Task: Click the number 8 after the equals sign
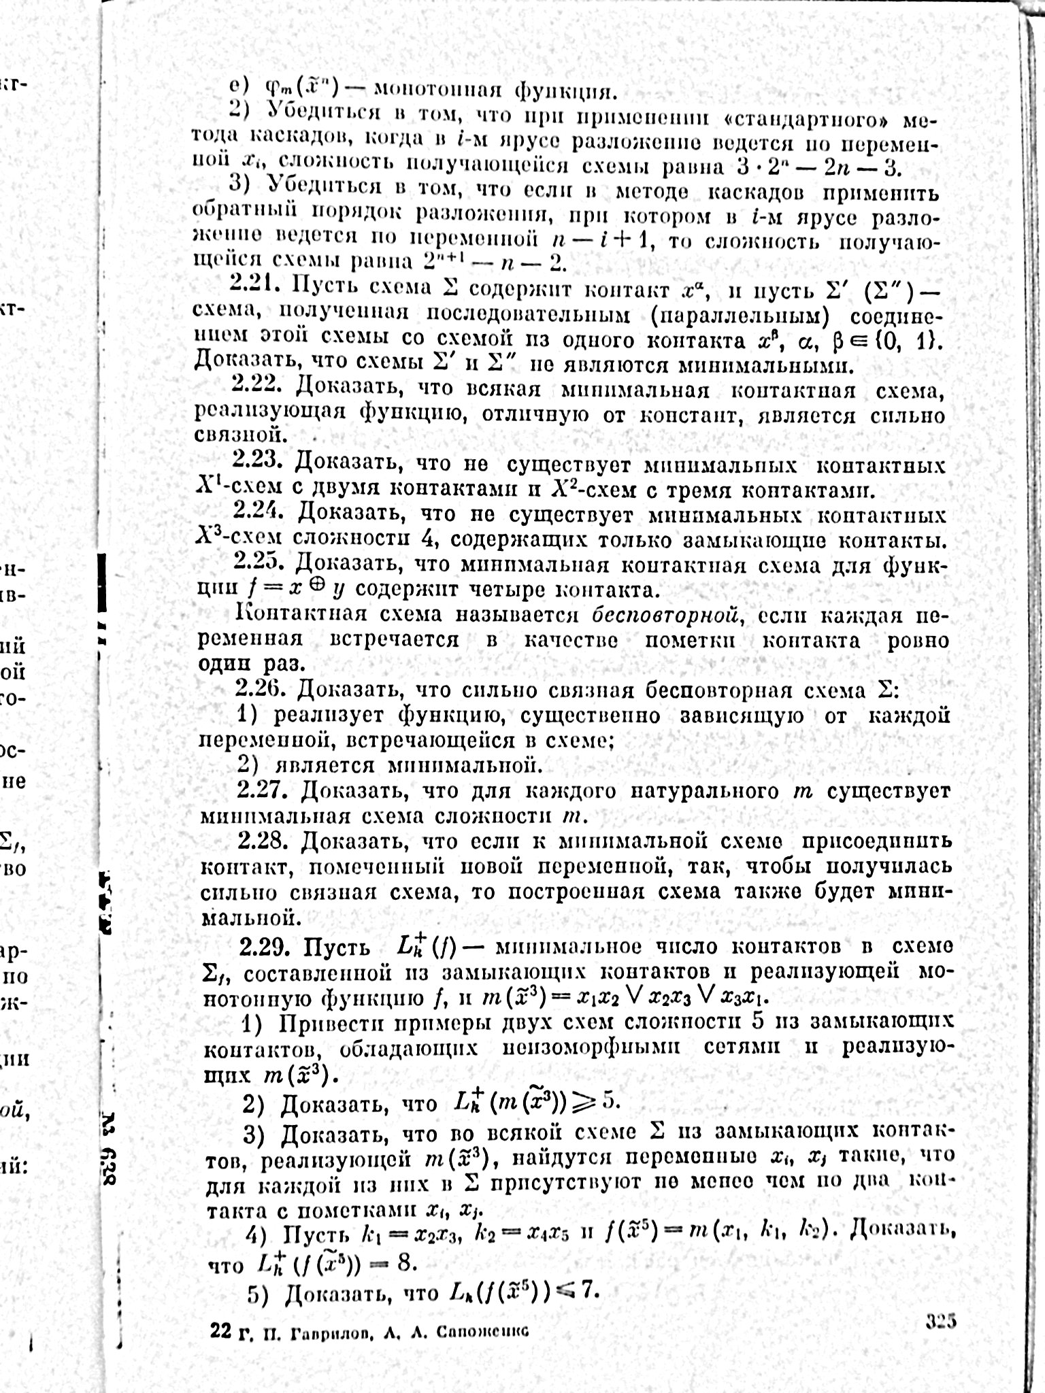pos(405,1264)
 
